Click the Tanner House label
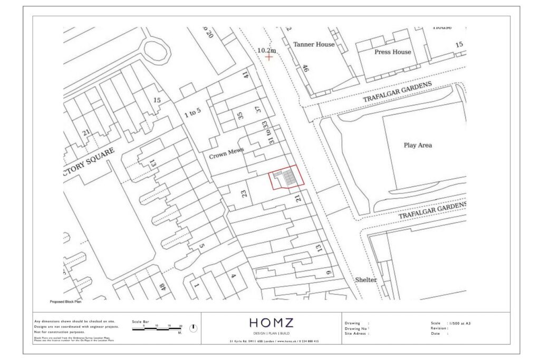click(x=314, y=44)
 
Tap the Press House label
click(x=392, y=52)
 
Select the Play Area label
click(x=418, y=145)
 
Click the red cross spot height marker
click(x=269, y=56)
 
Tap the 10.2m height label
click(x=267, y=50)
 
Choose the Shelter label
click(x=365, y=280)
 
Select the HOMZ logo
click(x=271, y=323)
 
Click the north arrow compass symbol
click(x=193, y=327)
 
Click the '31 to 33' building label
click(x=269, y=132)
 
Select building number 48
click(x=162, y=288)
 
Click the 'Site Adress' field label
click(x=356, y=334)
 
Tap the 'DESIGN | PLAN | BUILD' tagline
click(x=271, y=333)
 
